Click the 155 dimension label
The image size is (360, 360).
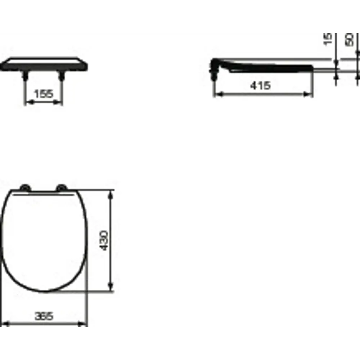(x=44, y=94)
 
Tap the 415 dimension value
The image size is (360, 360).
(x=260, y=86)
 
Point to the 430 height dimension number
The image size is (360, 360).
(x=103, y=241)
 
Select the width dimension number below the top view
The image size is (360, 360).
(x=44, y=316)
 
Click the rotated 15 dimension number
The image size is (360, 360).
(x=328, y=39)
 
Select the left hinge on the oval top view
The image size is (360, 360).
(x=24, y=188)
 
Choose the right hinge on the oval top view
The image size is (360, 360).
(x=62, y=188)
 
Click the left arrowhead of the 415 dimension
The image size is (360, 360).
(x=217, y=94)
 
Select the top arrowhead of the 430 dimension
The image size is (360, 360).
(x=111, y=194)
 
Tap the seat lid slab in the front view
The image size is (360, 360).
(x=44, y=65)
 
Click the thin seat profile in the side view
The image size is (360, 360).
(x=270, y=67)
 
